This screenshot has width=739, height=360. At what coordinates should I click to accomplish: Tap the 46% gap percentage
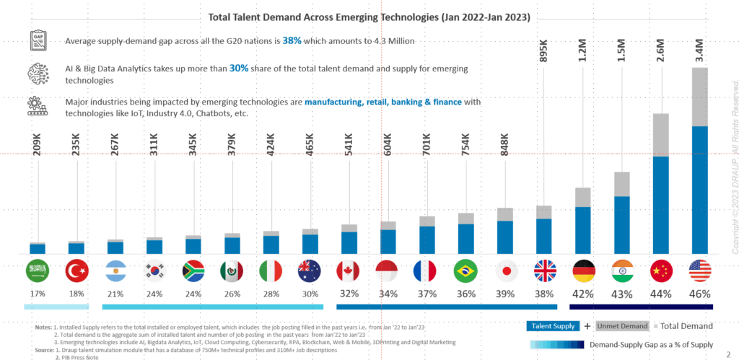point(700,294)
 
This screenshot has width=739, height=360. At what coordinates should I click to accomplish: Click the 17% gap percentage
point(38,294)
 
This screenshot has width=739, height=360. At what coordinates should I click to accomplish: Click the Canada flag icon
point(349,271)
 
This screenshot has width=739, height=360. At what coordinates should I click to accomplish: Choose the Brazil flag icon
point(465,271)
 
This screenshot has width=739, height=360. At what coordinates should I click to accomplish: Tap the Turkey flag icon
point(76,271)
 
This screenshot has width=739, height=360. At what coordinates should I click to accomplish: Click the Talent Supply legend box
point(554,326)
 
